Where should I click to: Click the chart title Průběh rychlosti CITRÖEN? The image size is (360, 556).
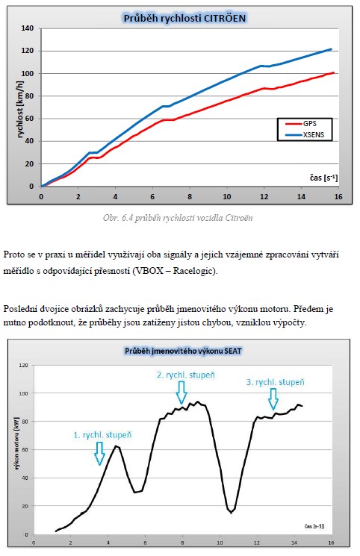(184, 18)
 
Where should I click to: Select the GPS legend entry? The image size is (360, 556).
(302, 124)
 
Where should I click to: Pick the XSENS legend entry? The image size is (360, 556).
(305, 135)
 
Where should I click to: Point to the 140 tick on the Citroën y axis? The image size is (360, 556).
(28, 28)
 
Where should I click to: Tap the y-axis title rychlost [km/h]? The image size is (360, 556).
(20, 110)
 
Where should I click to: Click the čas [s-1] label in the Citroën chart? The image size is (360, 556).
(324, 178)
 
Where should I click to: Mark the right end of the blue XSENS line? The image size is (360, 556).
(331, 49)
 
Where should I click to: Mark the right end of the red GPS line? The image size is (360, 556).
(334, 72)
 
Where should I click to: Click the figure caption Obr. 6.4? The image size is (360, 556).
(178, 218)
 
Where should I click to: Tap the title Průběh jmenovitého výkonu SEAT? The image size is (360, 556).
(183, 351)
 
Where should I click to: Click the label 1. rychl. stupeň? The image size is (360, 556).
(102, 435)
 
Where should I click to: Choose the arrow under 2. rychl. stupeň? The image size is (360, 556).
(181, 393)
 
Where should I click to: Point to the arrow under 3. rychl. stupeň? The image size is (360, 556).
(273, 399)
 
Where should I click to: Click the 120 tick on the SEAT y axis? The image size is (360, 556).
(23, 365)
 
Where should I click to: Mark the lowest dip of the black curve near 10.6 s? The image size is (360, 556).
(231, 513)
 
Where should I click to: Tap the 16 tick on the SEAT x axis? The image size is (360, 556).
(331, 543)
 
